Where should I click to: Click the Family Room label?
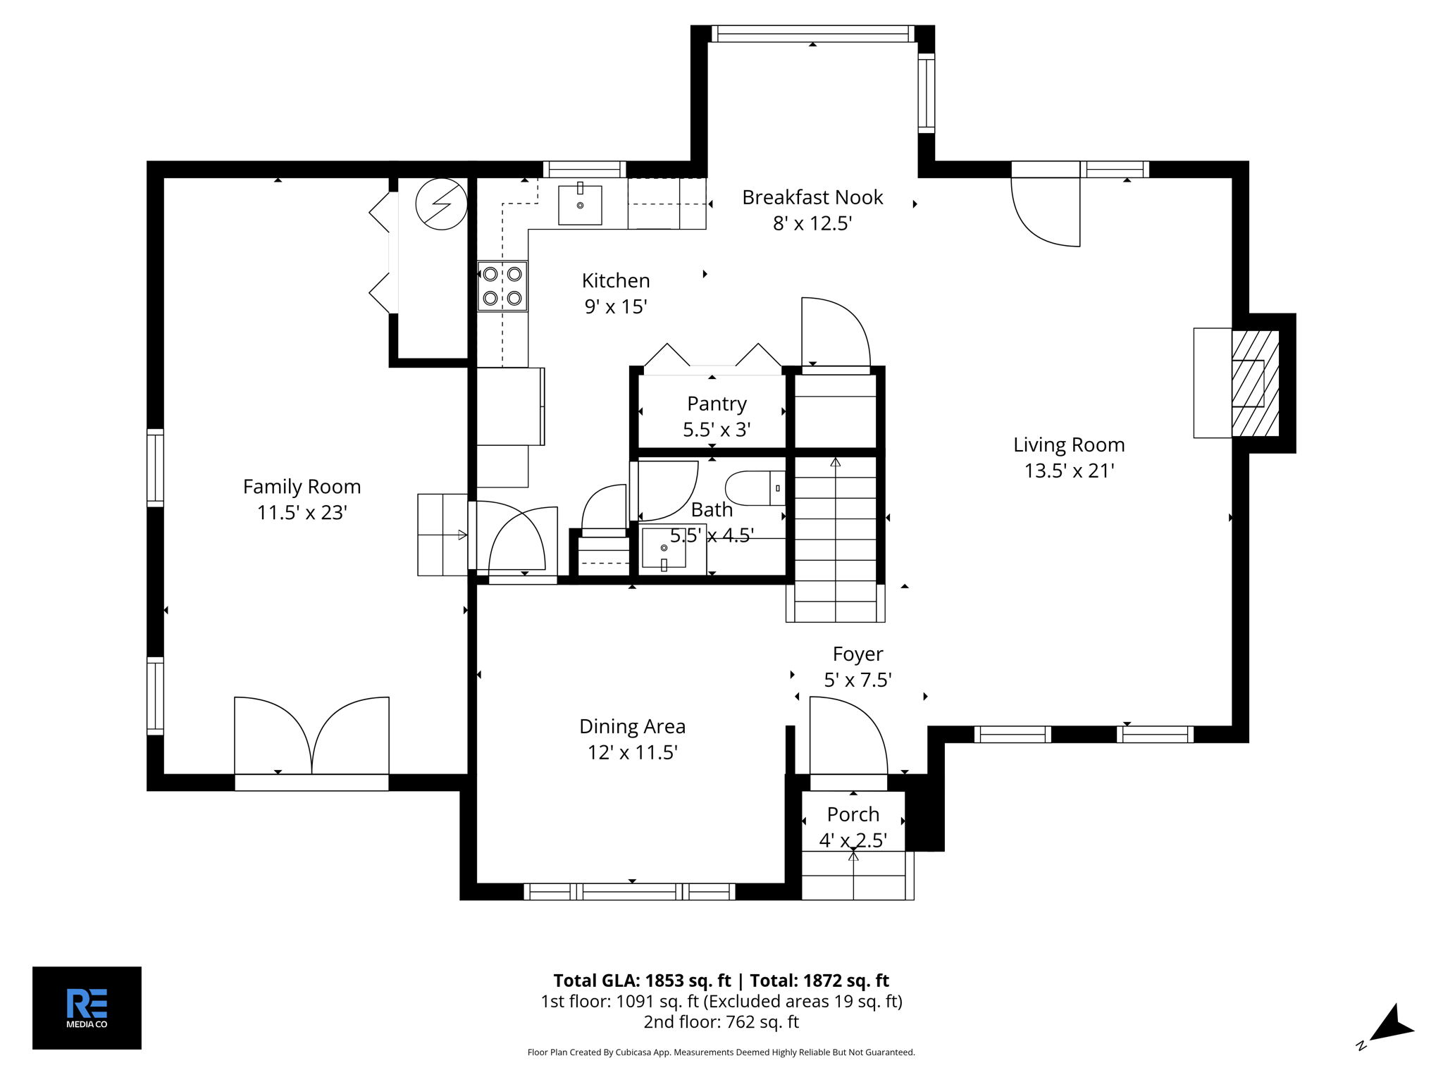302,487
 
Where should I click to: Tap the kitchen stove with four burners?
502,286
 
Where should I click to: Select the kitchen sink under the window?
580,205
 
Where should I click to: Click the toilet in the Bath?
754,488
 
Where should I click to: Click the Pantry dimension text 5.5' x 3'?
717,430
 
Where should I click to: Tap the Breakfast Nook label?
812,197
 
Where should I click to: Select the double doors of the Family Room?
311,736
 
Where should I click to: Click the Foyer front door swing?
848,736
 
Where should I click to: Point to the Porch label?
853,814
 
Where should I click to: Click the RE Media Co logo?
87,1007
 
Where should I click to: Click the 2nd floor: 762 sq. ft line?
721,1021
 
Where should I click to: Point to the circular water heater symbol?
441,204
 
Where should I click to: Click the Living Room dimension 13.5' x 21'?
1068,471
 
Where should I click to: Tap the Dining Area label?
632,726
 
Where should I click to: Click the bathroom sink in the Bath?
664,548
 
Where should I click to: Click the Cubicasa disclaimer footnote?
721,1052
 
